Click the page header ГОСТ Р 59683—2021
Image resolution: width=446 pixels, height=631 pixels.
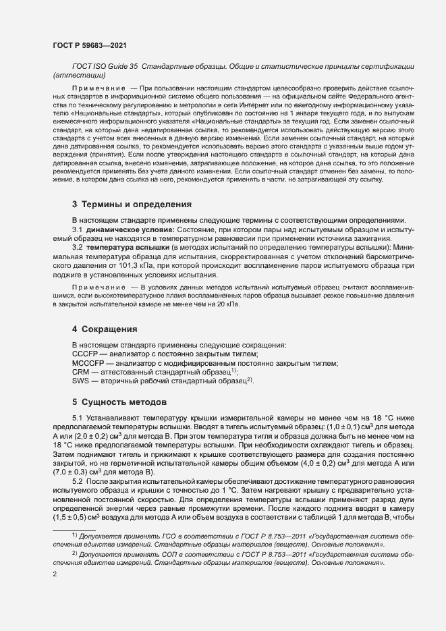click(89, 45)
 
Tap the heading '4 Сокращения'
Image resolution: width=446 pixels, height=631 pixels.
click(105, 329)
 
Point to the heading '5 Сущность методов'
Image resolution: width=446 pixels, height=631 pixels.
click(119, 402)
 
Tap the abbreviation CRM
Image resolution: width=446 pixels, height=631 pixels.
click(80, 373)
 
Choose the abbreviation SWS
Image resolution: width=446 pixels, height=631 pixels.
click(81, 382)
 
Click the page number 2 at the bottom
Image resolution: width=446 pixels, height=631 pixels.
click(55, 574)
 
